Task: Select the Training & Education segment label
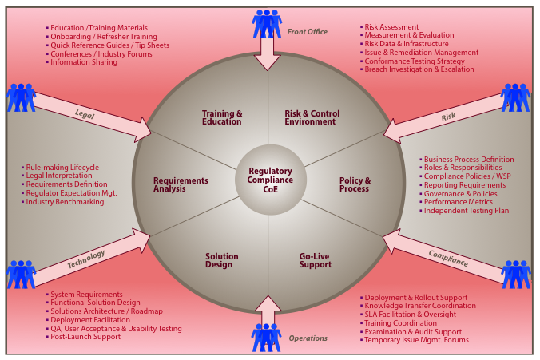coord(222,117)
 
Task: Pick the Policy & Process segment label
coord(354,184)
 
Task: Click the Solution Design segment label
coord(221,260)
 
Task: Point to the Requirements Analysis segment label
coord(181,184)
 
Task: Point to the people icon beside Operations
coord(266,338)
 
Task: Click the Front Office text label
coord(308,32)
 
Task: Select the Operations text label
coord(308,338)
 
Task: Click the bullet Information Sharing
coord(84,62)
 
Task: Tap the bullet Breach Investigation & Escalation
coord(419,69)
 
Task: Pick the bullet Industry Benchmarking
coord(65,202)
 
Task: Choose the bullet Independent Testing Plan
coord(465,211)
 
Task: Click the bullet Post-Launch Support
coord(85,337)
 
